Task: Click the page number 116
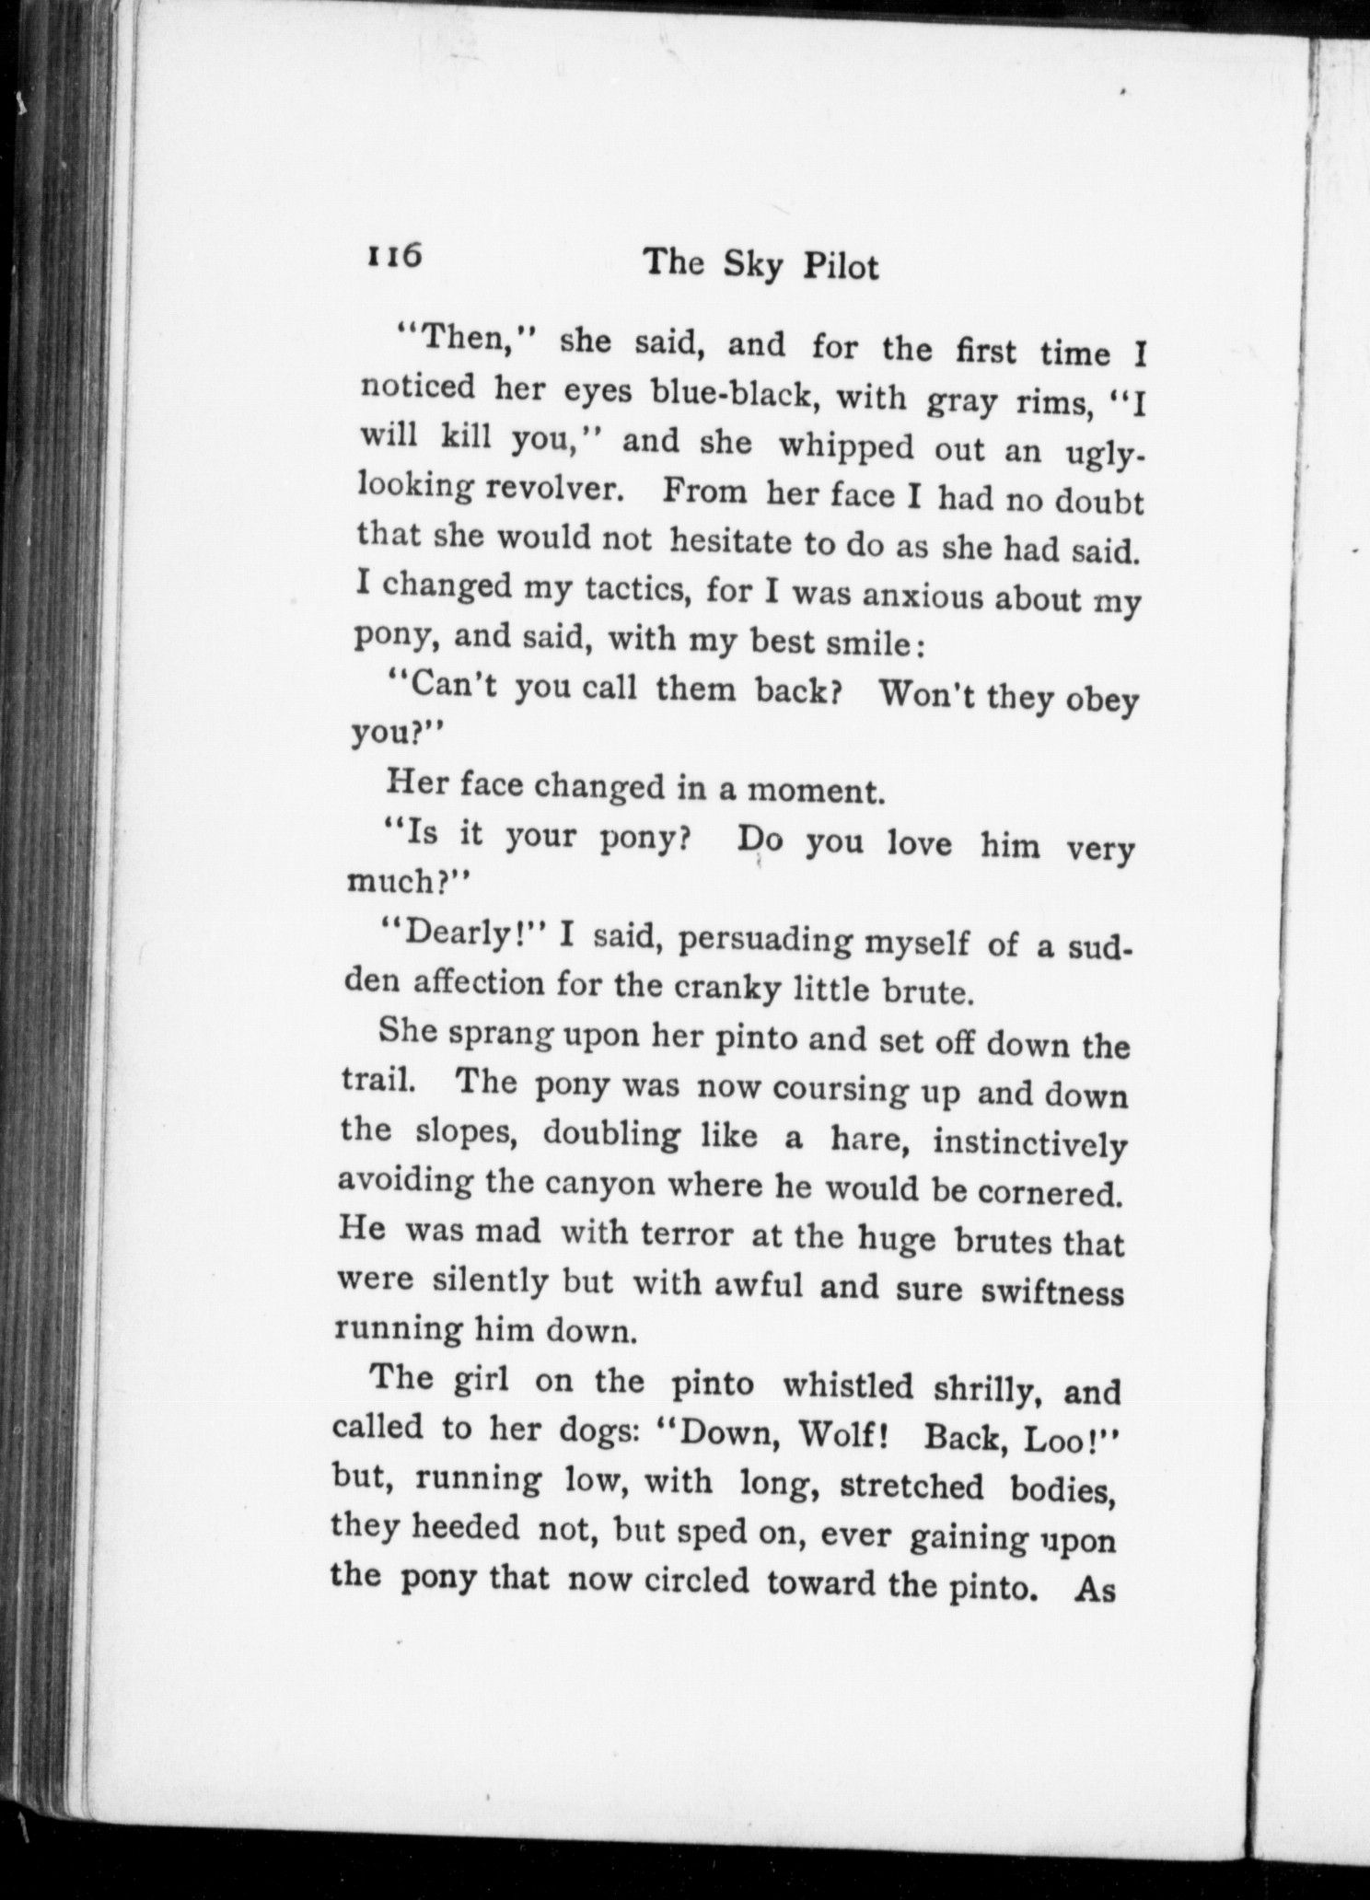point(395,256)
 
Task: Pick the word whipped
point(846,446)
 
